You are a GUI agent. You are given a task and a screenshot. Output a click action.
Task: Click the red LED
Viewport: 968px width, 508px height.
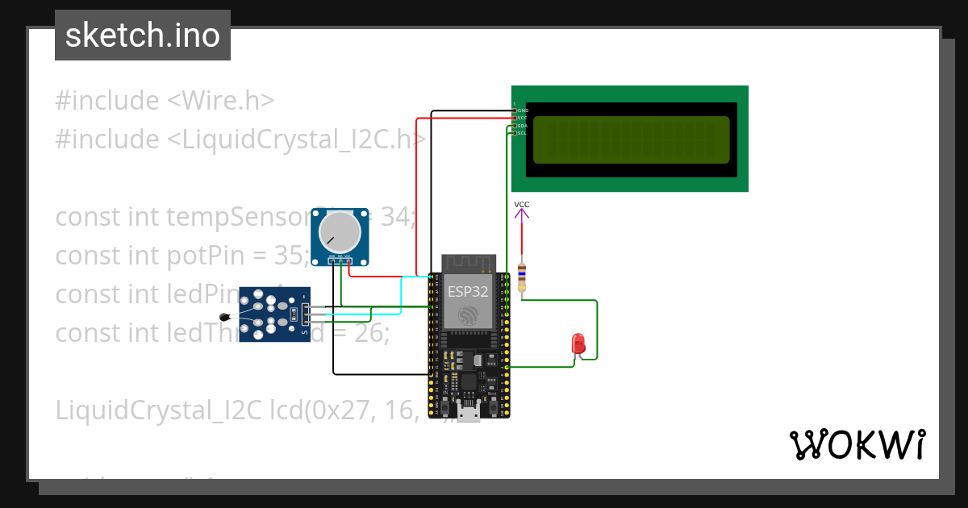[578, 344]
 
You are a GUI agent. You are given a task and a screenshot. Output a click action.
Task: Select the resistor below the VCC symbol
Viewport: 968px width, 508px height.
[522, 277]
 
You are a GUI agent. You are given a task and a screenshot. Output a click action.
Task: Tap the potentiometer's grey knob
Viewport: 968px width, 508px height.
[340, 232]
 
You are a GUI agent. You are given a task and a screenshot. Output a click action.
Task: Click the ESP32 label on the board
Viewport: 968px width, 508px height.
[468, 292]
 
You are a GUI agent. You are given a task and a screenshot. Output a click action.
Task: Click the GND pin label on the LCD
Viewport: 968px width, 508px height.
[522, 110]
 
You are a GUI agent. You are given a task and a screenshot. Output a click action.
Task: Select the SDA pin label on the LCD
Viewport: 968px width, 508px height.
[522, 126]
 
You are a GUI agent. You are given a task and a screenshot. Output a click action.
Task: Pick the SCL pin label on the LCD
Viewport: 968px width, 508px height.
[522, 133]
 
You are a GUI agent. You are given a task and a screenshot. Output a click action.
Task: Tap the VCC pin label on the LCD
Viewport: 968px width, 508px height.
[522, 118]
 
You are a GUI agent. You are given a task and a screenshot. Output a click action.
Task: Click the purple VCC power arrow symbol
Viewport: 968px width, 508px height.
[522, 213]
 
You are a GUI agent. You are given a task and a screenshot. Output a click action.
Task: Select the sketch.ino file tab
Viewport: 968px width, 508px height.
[143, 35]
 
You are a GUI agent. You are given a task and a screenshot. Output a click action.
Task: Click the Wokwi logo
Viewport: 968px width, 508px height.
[857, 444]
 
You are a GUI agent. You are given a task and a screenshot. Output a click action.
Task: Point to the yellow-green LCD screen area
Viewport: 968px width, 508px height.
[631, 139]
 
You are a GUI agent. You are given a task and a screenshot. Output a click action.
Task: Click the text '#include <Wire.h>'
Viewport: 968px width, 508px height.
[165, 101]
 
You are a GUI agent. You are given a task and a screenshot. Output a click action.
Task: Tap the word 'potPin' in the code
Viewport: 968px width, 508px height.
[204, 255]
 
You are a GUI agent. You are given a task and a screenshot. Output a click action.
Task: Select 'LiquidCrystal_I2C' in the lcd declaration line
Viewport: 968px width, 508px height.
[158, 410]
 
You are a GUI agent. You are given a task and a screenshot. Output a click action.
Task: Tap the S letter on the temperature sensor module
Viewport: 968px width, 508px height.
[304, 331]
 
